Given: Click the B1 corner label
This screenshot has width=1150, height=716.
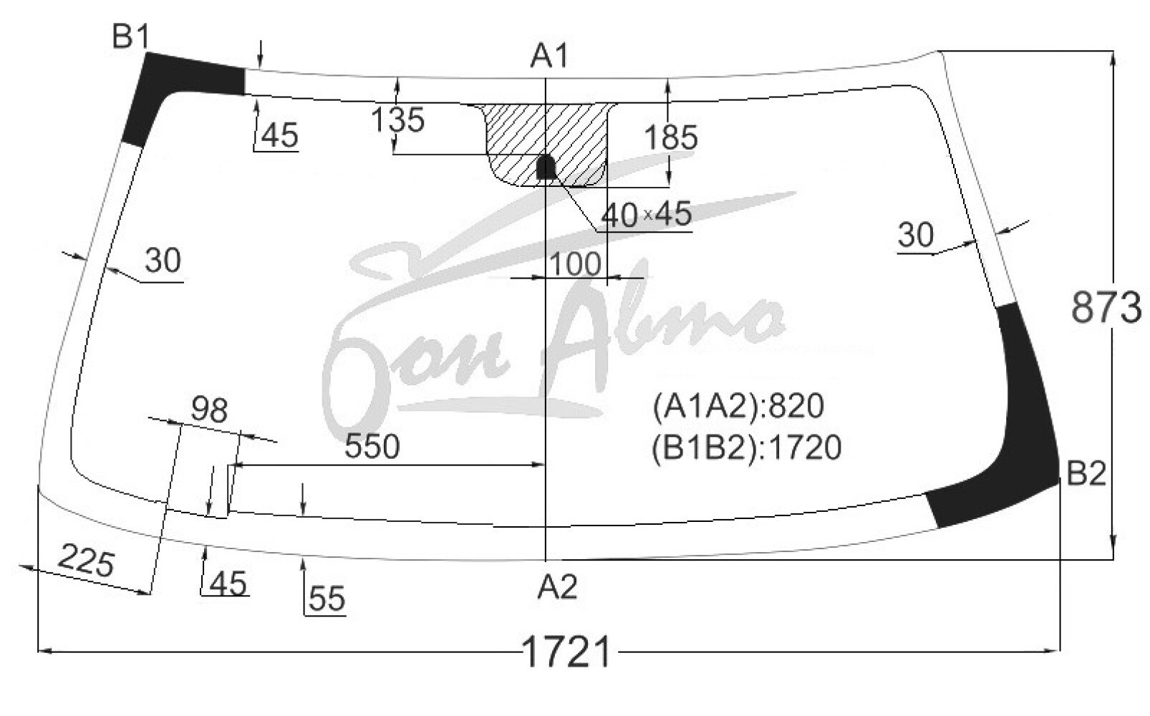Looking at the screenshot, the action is [131, 37].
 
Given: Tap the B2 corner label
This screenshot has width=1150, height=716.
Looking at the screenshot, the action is [1086, 473].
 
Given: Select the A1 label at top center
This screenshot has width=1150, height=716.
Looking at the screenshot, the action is [549, 56].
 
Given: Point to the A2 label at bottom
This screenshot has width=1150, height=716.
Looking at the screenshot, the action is [558, 586].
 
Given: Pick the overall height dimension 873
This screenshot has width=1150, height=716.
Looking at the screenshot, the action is [1107, 307].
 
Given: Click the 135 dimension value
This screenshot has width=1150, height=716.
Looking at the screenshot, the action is [397, 120].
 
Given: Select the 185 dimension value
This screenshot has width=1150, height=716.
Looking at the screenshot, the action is [670, 137].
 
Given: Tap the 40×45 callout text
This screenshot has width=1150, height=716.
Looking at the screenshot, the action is [646, 214].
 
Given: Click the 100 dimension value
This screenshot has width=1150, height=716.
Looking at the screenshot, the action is [575, 263].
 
